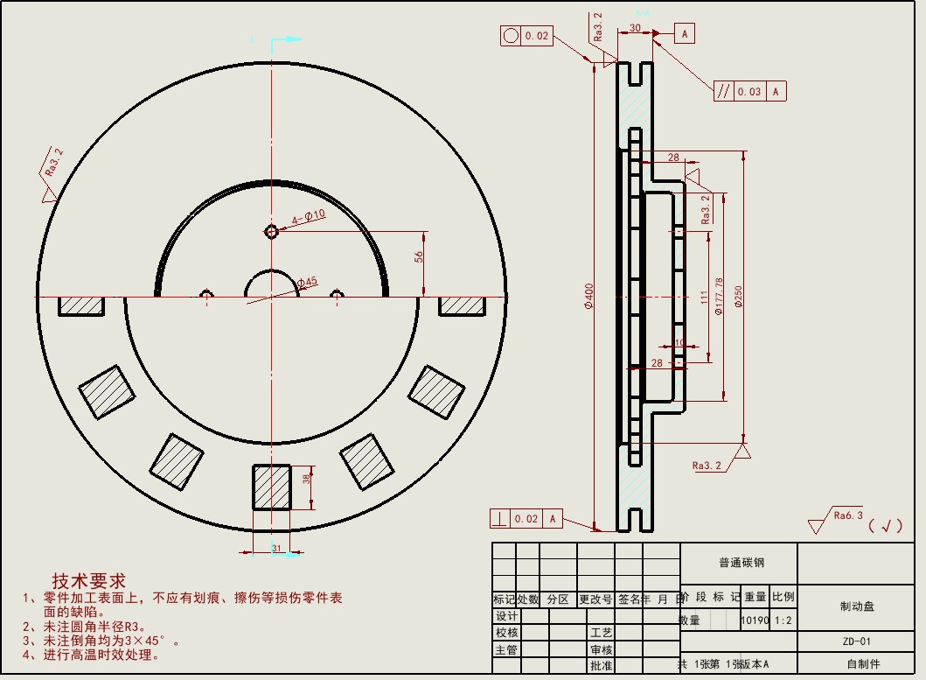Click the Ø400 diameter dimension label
589,298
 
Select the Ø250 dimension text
738,298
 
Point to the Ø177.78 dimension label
719,296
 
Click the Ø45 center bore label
308,282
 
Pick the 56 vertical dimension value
419,257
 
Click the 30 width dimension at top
634,28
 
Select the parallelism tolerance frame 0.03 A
749,91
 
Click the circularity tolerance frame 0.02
526,36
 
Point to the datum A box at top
684,33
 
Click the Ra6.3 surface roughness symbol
839,520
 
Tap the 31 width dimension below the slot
276,549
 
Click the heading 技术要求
88,581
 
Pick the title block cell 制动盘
857,606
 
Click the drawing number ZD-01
857,641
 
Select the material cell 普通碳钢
739,563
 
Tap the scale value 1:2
783,620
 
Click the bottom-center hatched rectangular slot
271,487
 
